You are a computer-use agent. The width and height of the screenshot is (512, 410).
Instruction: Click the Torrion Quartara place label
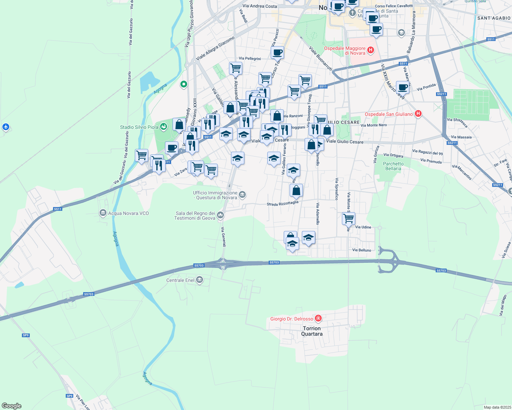[x=312, y=331]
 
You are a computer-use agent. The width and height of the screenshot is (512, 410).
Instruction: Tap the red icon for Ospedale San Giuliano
[x=418, y=114]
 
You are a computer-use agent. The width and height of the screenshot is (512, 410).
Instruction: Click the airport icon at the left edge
[x=5, y=127]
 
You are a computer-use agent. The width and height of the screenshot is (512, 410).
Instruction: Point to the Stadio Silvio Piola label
[x=139, y=127]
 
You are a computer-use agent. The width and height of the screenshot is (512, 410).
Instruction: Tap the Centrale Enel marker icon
[x=200, y=280]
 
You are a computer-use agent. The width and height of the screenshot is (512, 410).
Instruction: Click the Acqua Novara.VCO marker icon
[x=103, y=213]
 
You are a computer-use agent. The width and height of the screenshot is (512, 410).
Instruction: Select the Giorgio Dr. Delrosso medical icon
[x=318, y=318]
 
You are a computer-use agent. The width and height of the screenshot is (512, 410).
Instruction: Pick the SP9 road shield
[x=26, y=335]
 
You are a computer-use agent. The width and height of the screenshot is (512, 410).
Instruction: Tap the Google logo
[x=11, y=406]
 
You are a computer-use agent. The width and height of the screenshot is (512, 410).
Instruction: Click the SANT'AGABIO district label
[x=494, y=18]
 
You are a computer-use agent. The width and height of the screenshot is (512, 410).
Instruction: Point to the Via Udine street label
[x=363, y=227]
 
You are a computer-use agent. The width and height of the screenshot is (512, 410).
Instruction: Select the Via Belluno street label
[x=362, y=250]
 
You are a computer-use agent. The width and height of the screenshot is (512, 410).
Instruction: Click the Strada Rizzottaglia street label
[x=282, y=203]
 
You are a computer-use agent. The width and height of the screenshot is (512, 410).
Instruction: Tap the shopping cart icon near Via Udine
[x=348, y=218]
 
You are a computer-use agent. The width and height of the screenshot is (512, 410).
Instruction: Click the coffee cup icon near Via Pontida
[x=403, y=87]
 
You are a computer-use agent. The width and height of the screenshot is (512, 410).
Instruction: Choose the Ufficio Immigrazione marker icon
[x=242, y=195]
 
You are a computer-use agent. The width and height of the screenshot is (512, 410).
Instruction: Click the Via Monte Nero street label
[x=374, y=125]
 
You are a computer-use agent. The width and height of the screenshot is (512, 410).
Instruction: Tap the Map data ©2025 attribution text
[x=497, y=407]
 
